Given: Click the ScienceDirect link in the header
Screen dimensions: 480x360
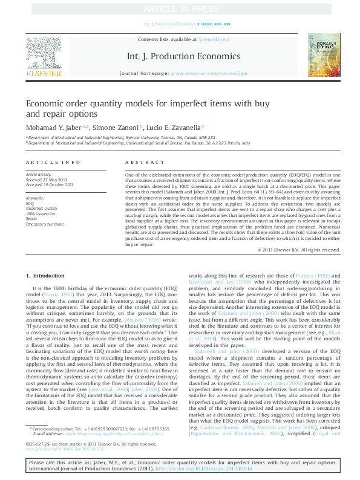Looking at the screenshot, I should coord(214,39).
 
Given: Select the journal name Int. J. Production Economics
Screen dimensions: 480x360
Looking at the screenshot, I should coord(180,56).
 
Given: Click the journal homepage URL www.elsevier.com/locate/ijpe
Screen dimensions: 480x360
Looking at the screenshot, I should coord(209,73).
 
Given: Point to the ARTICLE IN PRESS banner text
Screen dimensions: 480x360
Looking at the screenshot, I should coord(180,7).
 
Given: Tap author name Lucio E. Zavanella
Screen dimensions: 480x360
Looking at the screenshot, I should coord(175,128).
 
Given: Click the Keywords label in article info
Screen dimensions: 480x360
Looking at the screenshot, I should coord(35,198).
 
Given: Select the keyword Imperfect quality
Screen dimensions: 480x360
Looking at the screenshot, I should coord(42,209).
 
